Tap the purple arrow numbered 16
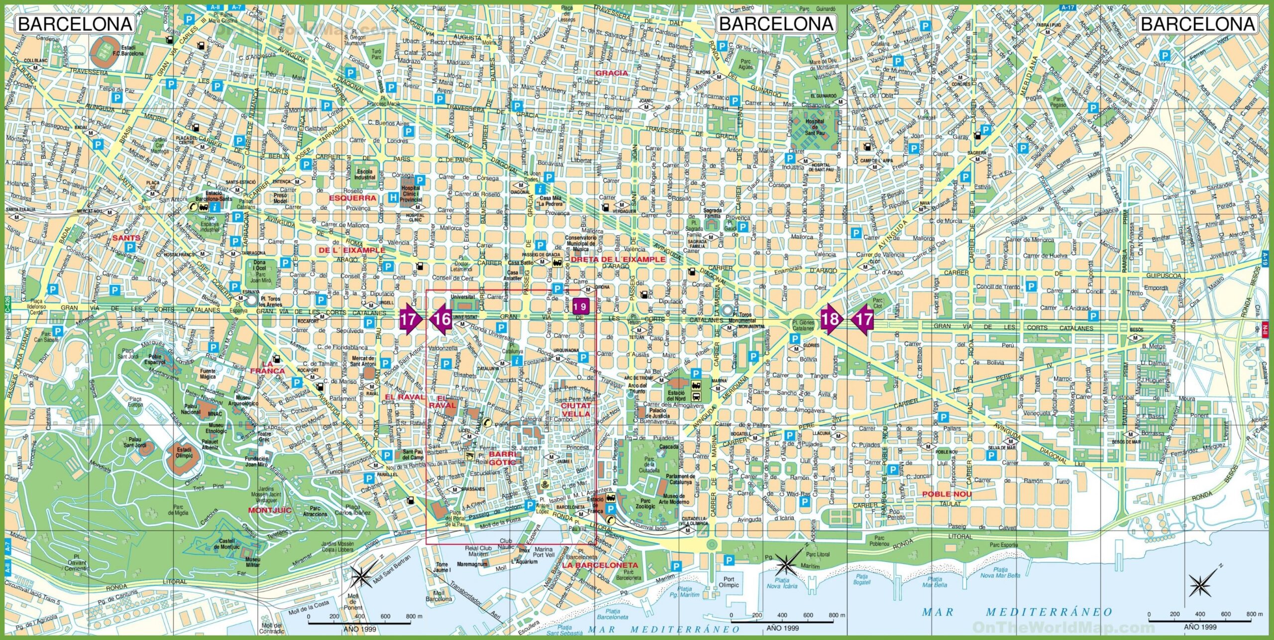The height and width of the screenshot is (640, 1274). pos(441,319)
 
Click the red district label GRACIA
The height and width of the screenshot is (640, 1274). pos(612,73)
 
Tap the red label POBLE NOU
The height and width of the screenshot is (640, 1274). pos(947,494)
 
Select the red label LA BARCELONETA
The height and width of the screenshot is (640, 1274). pos(600,565)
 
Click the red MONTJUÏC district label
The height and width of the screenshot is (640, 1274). pos(269,510)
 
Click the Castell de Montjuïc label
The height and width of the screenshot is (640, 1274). pos(227,544)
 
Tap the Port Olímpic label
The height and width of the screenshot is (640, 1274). pos(729,582)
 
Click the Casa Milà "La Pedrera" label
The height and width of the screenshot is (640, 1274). pos(550,201)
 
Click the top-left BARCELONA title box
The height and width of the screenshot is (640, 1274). pos(75,24)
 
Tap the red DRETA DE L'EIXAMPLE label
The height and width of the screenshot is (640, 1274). pos(618,260)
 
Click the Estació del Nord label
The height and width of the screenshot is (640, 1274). pos(676,396)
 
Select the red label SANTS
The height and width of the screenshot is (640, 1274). pos(126,238)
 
